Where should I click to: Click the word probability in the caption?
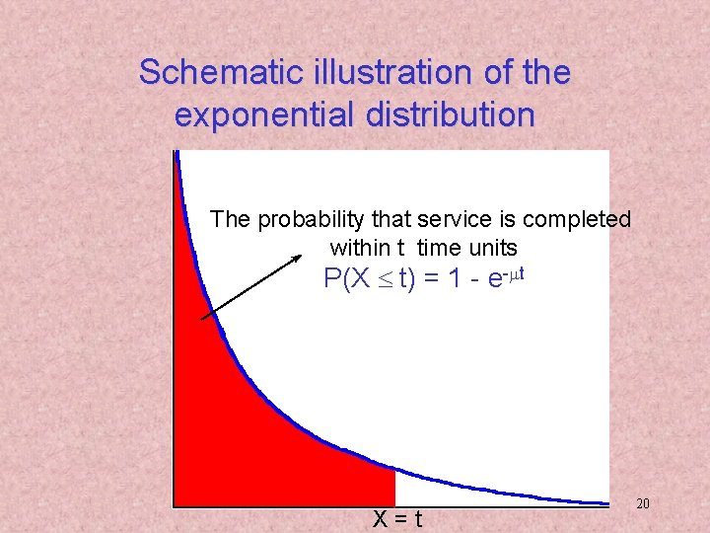pos(307,219)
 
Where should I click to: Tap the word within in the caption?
pos(360,247)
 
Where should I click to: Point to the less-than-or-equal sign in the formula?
pos(386,280)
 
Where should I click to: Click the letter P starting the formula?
pos(332,279)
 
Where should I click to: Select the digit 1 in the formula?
pos(455,279)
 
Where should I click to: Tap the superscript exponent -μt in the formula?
pos(513,272)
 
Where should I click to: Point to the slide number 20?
pos(643,504)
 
